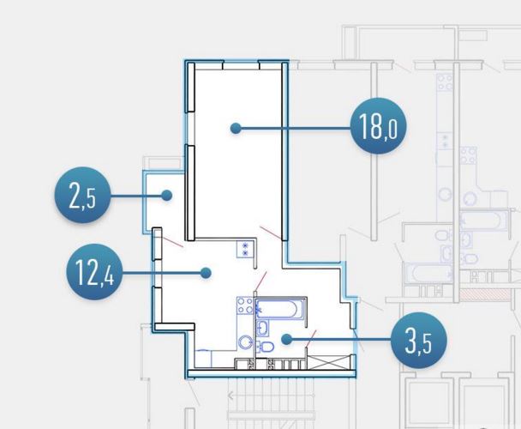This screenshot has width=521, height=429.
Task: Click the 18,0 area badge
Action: coord(379,126)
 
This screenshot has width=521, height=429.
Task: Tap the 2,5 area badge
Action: coord(82,196)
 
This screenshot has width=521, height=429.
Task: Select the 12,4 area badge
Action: coord(95,272)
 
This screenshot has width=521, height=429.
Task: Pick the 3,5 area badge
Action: coord(419,340)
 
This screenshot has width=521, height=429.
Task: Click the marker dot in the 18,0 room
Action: coord(236,128)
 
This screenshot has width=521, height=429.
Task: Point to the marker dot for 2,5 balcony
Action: coord(167,196)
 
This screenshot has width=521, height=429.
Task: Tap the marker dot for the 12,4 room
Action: coord(206,273)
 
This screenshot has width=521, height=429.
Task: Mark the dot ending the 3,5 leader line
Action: coord(286,340)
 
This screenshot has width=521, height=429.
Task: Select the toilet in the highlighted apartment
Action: coord(265,347)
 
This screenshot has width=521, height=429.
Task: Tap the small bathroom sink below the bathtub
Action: coord(262,328)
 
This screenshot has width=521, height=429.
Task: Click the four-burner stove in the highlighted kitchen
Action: coord(245,305)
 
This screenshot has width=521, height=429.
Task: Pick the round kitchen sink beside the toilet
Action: coord(245,342)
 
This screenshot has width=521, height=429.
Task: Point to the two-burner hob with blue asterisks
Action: coord(245,250)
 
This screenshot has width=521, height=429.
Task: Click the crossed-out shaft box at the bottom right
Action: coord(329,362)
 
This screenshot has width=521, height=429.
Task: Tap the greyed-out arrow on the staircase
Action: coord(231,396)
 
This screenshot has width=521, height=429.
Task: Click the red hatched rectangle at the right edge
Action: coord(485,294)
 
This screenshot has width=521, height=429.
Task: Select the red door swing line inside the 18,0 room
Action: coord(271,233)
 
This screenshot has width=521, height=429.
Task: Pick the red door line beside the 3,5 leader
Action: coord(311,338)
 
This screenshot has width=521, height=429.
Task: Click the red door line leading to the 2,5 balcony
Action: coord(171,241)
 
